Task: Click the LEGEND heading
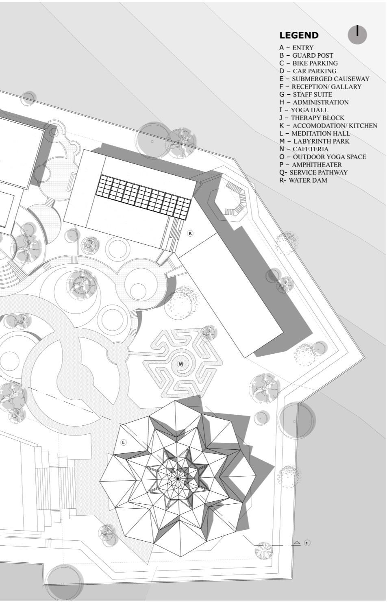click(299, 35)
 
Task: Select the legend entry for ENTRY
click(296, 48)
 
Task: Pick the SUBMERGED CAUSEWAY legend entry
click(324, 79)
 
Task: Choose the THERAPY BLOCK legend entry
click(311, 118)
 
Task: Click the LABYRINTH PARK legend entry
click(314, 141)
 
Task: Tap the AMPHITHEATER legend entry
click(311, 165)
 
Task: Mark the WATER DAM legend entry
click(303, 180)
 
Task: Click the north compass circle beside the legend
click(357, 35)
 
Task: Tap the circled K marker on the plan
click(190, 233)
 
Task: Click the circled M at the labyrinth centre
click(181, 364)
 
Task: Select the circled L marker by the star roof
click(124, 442)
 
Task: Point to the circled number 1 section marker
click(307, 543)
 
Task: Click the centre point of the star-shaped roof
click(178, 479)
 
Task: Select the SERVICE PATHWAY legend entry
click(313, 172)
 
